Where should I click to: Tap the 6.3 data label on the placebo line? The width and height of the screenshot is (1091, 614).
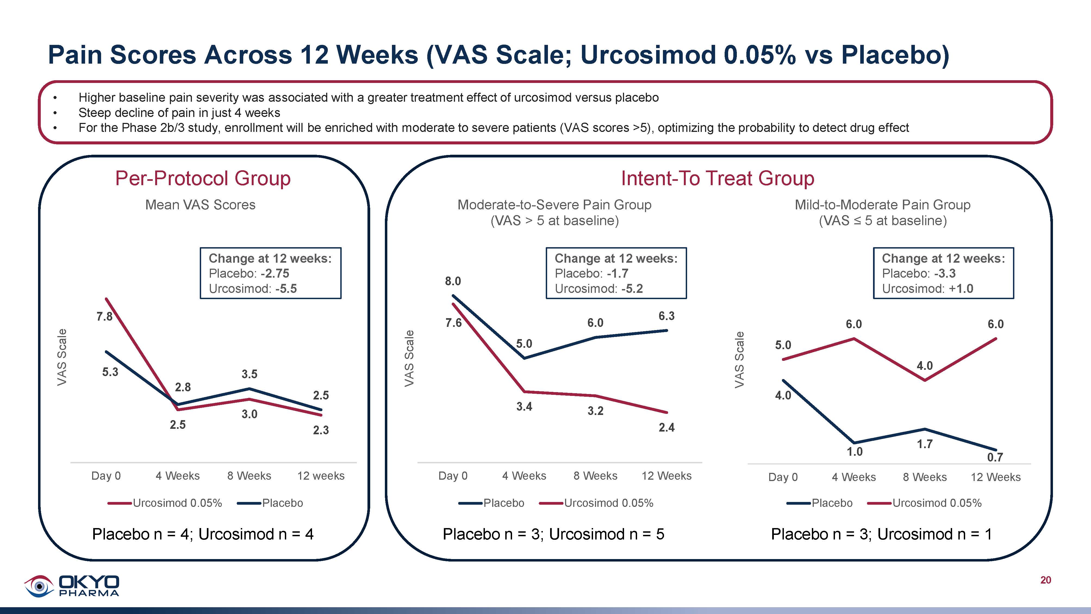tap(666, 316)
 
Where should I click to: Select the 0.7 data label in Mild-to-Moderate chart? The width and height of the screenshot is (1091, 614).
tap(995, 457)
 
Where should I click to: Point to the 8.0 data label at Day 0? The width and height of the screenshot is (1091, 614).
tap(453, 281)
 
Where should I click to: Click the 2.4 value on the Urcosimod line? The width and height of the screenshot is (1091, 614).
tap(666, 427)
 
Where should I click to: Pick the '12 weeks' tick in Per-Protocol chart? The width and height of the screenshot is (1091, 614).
tap(321, 476)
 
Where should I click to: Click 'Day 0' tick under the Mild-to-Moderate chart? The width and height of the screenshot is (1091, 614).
tap(783, 477)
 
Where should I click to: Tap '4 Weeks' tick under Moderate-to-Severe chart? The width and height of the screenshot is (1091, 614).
tap(524, 476)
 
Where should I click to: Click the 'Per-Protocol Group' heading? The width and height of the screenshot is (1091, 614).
tap(203, 178)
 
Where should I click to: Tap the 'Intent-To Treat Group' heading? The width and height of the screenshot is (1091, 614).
tap(718, 178)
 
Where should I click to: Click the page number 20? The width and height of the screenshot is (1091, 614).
tap(1045, 580)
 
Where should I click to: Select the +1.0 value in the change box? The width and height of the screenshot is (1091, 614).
tap(961, 289)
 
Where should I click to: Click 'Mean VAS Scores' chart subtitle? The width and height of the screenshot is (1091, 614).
tap(200, 205)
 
